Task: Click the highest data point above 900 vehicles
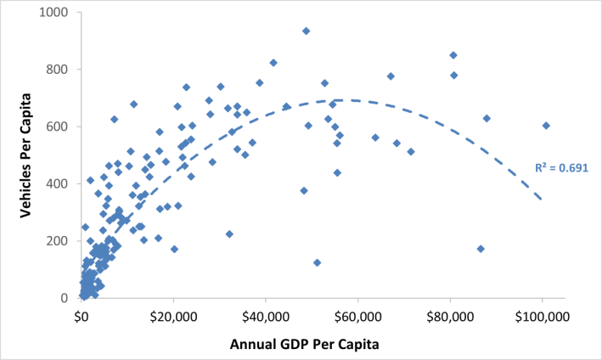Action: click(x=306, y=31)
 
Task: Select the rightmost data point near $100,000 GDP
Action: click(x=546, y=126)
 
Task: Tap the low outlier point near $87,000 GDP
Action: click(x=481, y=249)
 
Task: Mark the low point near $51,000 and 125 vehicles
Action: click(x=317, y=262)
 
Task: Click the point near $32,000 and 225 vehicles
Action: click(x=229, y=233)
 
